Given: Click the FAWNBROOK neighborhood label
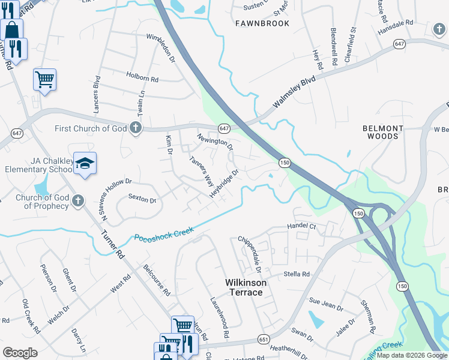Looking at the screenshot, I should [262, 23].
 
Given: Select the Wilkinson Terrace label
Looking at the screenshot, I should [244, 287].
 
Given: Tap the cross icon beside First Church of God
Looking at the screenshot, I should [136, 128].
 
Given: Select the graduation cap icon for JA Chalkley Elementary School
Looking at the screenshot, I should [85, 164].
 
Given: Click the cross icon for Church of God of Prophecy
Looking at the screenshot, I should [77, 202].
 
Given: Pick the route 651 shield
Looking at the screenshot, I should [264, 339].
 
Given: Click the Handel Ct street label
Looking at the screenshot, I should [302, 226].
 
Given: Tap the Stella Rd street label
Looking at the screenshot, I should [297, 274].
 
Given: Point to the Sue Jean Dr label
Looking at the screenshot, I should [326, 304].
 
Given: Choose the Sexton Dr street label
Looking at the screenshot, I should [142, 199].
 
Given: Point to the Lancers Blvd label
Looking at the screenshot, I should [96, 95].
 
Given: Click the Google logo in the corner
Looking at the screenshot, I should [20, 353].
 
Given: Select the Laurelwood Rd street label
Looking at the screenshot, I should [220, 316].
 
